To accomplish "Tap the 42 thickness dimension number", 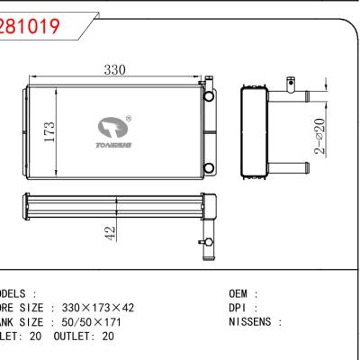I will pos(109,231).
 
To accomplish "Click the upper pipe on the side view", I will pos(288,94).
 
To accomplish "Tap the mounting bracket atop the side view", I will pos(290,83).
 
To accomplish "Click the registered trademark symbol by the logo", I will pos(130,117).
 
